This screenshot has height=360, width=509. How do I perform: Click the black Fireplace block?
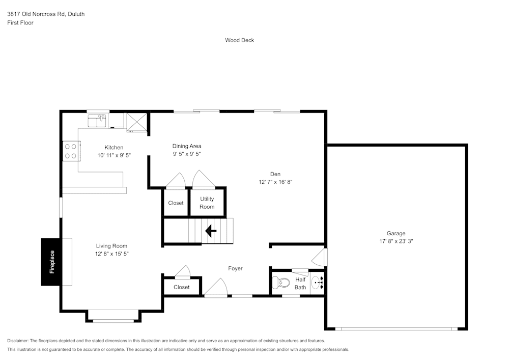coord(51,262)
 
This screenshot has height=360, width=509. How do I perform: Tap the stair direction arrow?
coord(211,231)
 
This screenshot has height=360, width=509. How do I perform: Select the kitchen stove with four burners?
coord(70,151)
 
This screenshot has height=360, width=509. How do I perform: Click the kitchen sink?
coord(97,121)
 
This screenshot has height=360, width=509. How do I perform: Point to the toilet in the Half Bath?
coord(282,282)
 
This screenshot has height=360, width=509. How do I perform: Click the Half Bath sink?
coord(317,282)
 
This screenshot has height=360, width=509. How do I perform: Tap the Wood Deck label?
coord(239,40)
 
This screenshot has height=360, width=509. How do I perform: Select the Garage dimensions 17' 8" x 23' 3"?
coord(395,241)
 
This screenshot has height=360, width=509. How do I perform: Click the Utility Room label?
coord(207,203)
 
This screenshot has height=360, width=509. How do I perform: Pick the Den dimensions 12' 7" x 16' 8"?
coord(275,182)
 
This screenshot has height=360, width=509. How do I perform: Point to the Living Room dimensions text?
coord(111,254)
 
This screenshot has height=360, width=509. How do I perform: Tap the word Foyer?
coord(235,268)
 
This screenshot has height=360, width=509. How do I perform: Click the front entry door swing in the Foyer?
coord(216,287)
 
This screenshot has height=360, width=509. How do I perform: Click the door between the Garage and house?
coord(320,257)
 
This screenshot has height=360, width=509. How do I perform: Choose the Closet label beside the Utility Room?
coord(176,203)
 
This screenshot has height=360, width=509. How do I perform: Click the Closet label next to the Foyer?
coord(181,287)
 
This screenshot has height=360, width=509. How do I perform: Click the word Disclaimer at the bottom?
coord(18,341)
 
